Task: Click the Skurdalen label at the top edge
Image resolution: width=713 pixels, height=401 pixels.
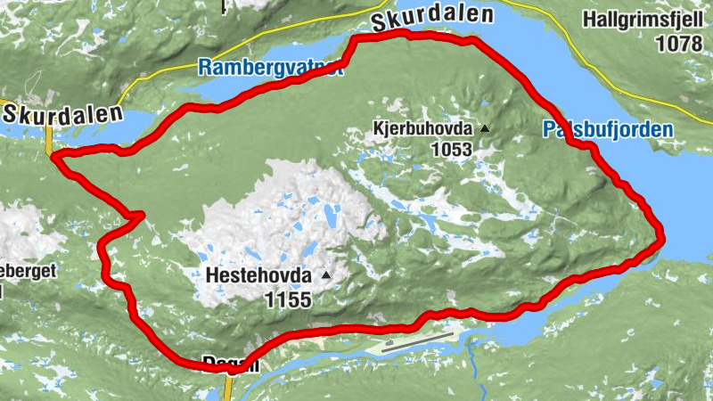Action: coord(432,16)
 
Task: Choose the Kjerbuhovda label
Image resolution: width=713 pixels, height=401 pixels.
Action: coord(423,129)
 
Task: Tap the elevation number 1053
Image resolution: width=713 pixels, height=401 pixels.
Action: coord(450,150)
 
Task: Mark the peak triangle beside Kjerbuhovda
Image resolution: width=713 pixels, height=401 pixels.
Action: coord(485,129)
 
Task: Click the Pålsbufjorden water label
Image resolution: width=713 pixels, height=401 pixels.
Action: coord(607,130)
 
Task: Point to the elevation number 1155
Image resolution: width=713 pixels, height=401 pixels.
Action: coord(288,299)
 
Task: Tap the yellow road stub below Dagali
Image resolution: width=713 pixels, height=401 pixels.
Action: coord(228,388)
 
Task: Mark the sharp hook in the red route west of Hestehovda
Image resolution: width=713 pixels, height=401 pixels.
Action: coord(140,214)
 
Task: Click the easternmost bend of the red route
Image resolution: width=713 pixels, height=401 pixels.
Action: coord(661,236)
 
